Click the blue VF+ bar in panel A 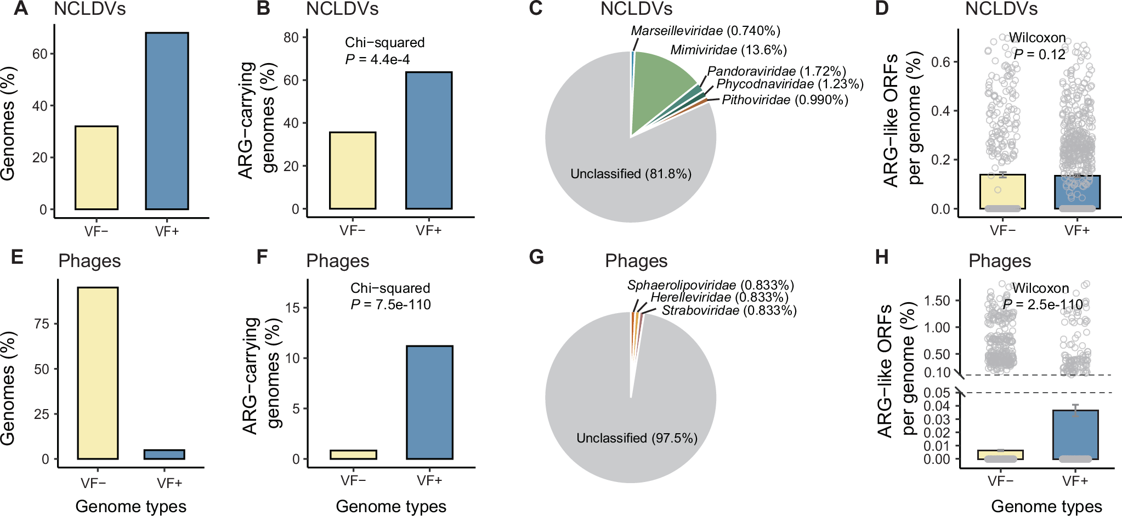click(x=167, y=121)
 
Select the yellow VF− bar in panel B click(x=353, y=171)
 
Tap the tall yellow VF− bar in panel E click(x=98, y=373)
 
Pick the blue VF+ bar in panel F click(x=429, y=402)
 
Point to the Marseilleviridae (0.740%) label click(x=705, y=31)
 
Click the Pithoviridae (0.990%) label click(x=785, y=100)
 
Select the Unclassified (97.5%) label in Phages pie click(x=637, y=438)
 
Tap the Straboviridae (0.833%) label click(x=729, y=310)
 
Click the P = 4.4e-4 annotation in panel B click(x=377, y=59)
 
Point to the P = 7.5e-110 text click(x=390, y=304)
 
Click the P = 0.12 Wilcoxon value click(x=1039, y=54)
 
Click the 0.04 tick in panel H click(x=936, y=406)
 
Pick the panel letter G click(x=536, y=257)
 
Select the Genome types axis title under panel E click(x=131, y=506)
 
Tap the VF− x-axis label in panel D click(x=1002, y=231)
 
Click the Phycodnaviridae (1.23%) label click(x=790, y=84)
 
